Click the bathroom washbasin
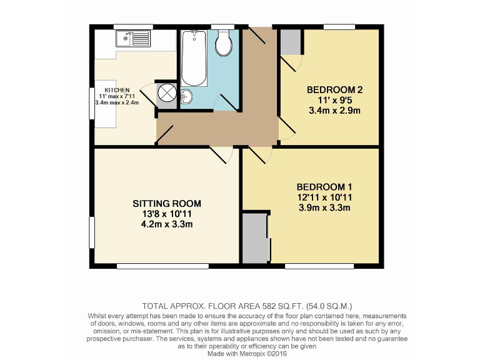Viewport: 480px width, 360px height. coord(187,97)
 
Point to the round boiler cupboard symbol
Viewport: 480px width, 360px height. coord(167,92)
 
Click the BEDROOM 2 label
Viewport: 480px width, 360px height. coord(334,90)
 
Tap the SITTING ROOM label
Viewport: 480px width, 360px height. coord(167,203)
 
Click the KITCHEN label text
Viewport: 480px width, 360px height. coord(117,90)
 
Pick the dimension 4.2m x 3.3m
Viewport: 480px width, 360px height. coord(167,224)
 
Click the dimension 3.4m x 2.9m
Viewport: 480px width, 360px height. coord(334,111)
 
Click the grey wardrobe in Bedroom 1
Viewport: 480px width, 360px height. coord(254,238)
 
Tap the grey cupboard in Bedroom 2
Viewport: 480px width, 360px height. coord(290,41)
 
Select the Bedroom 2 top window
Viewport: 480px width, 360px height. coord(339,26)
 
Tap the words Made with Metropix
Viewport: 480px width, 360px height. coord(234,352)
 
